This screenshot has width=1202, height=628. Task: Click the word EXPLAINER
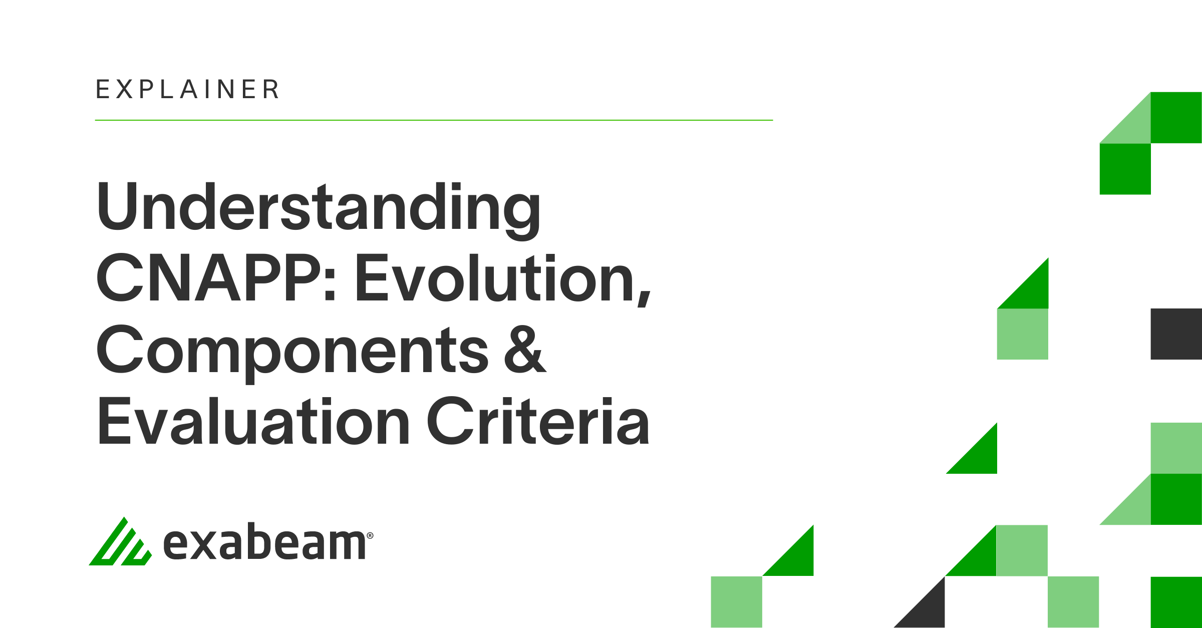pyautogui.click(x=187, y=89)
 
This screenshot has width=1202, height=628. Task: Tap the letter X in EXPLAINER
pyautogui.click(x=125, y=89)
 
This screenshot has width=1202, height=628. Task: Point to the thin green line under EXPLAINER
pyautogui.click(x=434, y=120)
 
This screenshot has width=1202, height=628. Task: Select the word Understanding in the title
pyautogui.click(x=319, y=211)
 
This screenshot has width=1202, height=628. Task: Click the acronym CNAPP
pyautogui.click(x=209, y=278)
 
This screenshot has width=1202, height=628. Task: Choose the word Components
pyautogui.click(x=292, y=354)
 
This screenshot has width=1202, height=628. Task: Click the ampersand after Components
pyautogui.click(x=525, y=349)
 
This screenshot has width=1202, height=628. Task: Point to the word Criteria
pyautogui.click(x=538, y=421)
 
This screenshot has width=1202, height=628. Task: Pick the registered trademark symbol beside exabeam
pyautogui.click(x=370, y=535)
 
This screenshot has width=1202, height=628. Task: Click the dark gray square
pyautogui.click(x=1176, y=334)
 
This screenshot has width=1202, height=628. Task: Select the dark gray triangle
pyautogui.click(x=928, y=610)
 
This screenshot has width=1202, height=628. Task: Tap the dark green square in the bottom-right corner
pyautogui.click(x=1176, y=602)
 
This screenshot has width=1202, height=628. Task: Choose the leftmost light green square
pyautogui.click(x=737, y=602)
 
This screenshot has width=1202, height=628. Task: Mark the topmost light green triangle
pyautogui.click(x=1133, y=126)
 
